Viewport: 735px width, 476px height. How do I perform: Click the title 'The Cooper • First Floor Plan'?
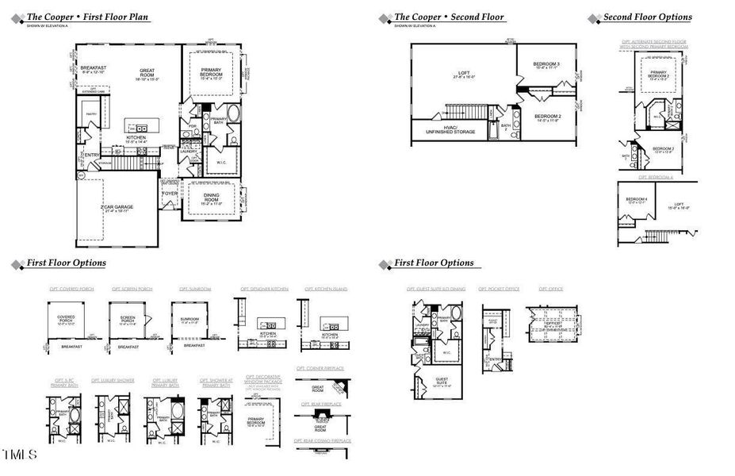pyautogui.click(x=87, y=17)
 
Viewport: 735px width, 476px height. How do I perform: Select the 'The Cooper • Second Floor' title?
pyautogui.click(x=449, y=17)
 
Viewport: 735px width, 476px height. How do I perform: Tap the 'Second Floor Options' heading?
pyautogui.click(x=647, y=17)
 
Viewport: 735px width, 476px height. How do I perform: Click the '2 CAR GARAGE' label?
pyautogui.click(x=117, y=209)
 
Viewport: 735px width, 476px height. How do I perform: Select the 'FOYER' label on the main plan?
pyautogui.click(x=170, y=193)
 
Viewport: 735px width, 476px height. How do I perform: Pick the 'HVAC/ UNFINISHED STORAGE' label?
pyautogui.click(x=450, y=129)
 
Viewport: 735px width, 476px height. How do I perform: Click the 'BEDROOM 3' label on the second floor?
pyautogui.click(x=546, y=65)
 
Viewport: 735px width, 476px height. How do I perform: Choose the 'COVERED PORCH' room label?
pyautogui.click(x=66, y=318)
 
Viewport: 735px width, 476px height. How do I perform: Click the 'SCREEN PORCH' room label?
pyautogui.click(x=128, y=320)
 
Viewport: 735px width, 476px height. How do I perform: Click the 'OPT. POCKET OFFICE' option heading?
pyautogui.click(x=499, y=289)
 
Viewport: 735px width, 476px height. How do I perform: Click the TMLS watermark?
pyautogui.click(x=19, y=455)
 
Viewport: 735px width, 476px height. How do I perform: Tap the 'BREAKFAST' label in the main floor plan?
pyautogui.click(x=93, y=69)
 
